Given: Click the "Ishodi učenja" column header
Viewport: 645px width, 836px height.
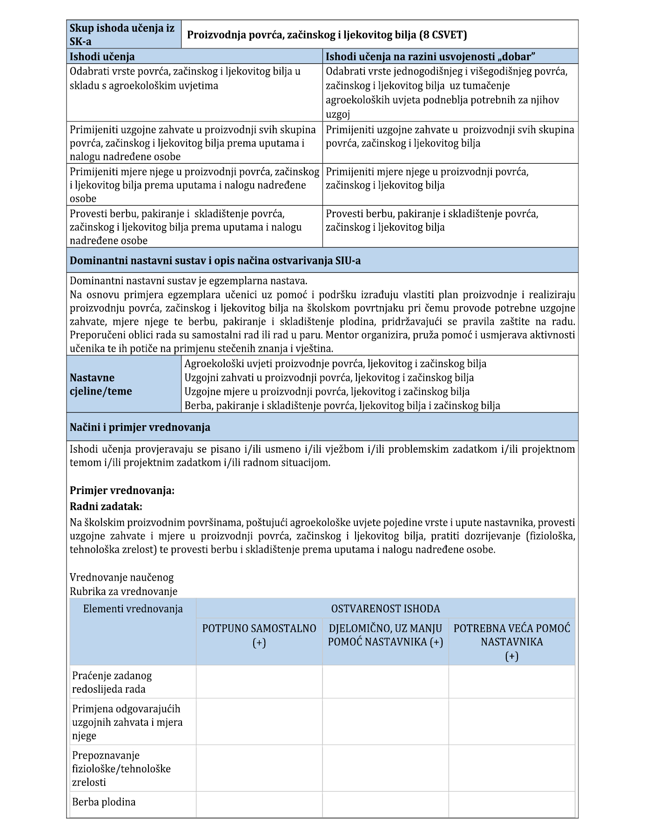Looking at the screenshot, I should pos(102,57).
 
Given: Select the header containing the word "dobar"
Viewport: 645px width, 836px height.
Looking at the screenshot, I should pos(430,57).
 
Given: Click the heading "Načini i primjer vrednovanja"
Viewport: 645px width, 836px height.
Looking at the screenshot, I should pos(140,427).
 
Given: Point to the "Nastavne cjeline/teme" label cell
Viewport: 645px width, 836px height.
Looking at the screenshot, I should pos(101,384).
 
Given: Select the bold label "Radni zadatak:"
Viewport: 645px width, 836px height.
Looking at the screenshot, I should pos(106,506).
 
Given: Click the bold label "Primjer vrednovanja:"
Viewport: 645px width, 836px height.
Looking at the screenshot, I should pos(122,490).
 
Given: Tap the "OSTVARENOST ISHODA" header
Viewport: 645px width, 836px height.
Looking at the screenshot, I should pos(385,609).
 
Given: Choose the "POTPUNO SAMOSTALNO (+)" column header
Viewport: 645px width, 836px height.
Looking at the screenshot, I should pos(259,635).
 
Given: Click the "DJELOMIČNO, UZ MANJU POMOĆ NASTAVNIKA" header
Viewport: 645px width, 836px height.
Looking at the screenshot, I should pos(385,635).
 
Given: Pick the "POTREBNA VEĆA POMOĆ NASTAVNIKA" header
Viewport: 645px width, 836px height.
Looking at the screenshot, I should pos(511,642).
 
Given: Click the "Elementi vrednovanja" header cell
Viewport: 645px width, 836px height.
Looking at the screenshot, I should pos(133,609).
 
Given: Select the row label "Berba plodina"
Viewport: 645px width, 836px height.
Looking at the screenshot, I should pos(104,802).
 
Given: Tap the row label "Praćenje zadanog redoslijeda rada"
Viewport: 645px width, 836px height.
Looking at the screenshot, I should pos(112,682).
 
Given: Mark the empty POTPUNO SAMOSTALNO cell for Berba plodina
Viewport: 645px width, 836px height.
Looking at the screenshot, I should pos(259,804).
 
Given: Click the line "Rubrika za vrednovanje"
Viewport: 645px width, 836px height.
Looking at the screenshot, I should pos(123,591).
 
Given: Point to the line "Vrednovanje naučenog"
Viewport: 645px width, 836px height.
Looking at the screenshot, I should pos(121,577).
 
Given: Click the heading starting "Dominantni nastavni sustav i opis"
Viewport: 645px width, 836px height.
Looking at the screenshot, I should pos(215,261).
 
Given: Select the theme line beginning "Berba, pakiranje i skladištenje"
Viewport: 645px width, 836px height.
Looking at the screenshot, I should pos(342,406).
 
